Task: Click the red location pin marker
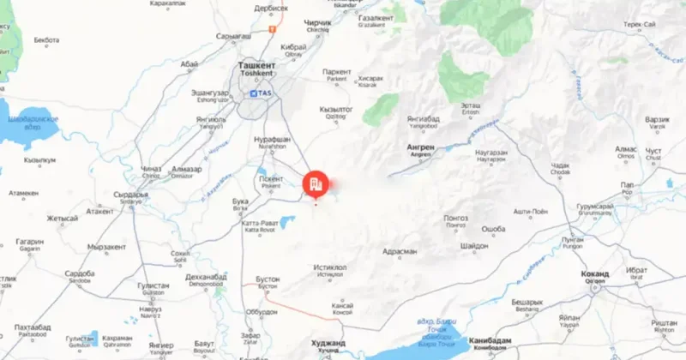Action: click(x=315, y=183)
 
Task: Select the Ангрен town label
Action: click(x=420, y=147)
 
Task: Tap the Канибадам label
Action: click(x=490, y=340)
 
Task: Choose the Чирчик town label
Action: click(x=317, y=22)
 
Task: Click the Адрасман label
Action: click(x=400, y=251)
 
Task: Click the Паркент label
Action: click(x=337, y=72)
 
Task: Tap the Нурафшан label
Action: click(x=273, y=139)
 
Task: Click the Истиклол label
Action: click(x=330, y=267)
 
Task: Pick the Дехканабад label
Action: click(x=206, y=277)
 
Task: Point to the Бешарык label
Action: click(x=528, y=302)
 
